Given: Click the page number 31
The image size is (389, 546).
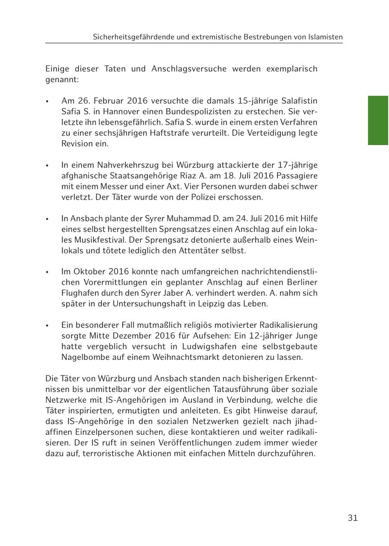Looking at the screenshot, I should coord(353,518).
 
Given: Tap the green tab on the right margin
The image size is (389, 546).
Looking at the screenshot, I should coord(378,120).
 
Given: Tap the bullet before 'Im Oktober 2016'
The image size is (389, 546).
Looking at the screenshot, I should coord(48,272).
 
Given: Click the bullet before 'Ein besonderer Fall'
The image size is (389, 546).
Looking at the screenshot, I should coord(48,325).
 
